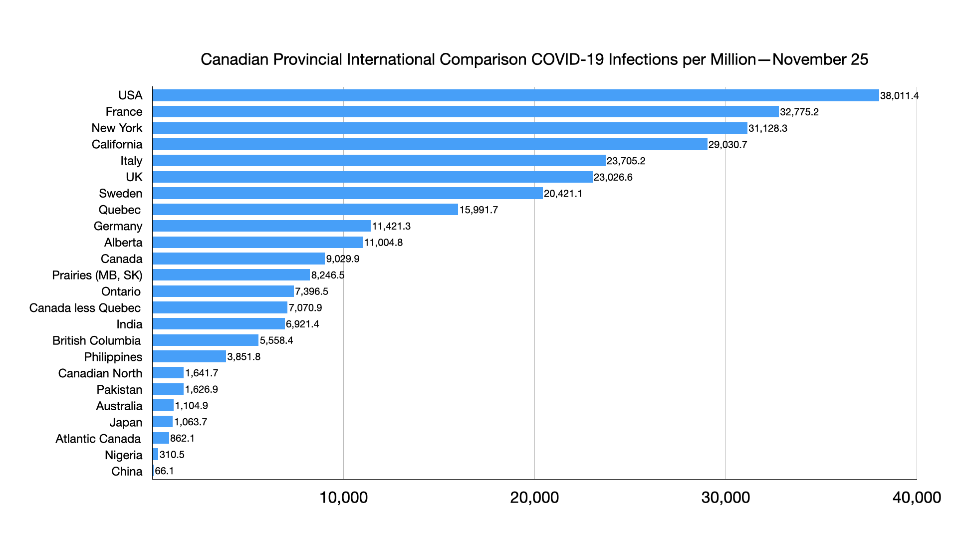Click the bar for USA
(x=515, y=95)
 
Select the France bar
(x=466, y=112)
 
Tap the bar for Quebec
(x=305, y=210)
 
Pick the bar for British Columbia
(x=206, y=340)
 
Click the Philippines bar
(x=189, y=357)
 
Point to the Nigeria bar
(x=155, y=455)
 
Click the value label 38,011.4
(x=899, y=96)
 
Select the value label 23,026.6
(x=613, y=177)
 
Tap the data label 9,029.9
(x=343, y=259)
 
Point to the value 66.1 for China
(x=164, y=471)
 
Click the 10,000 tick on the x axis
(x=343, y=498)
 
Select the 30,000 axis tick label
(x=725, y=498)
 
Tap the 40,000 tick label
(x=917, y=498)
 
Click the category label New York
(x=117, y=128)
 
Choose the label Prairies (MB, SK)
(x=97, y=275)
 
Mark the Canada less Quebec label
(x=85, y=308)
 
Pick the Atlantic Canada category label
(x=98, y=439)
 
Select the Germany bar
(x=261, y=226)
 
